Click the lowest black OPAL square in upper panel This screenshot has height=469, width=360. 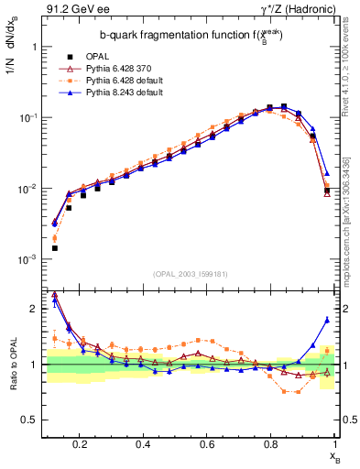click(55, 248)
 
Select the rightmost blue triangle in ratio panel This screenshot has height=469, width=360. click(327, 320)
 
